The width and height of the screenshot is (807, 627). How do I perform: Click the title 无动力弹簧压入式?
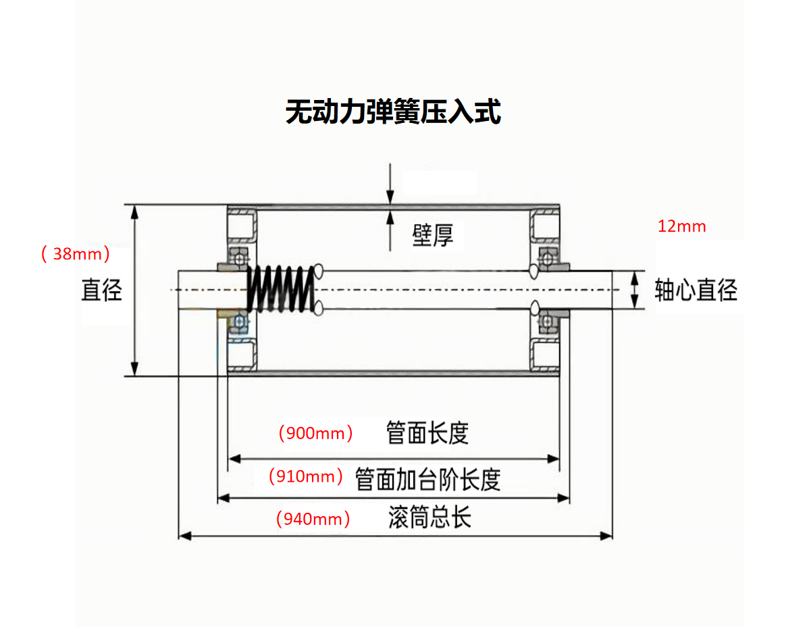pos(393,112)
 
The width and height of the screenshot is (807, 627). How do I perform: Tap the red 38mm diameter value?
pos(75,255)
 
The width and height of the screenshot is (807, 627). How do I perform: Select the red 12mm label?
pos(681,226)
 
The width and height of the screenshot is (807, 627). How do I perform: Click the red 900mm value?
pos(315,433)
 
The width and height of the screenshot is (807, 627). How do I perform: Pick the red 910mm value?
pos(306,476)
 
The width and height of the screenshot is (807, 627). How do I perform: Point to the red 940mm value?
pos(313,519)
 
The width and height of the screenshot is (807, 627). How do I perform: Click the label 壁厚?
pos(433,235)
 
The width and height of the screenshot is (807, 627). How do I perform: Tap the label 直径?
pos(101,290)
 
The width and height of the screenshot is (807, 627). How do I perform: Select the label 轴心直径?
pos(696,291)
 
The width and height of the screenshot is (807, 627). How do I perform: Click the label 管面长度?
pos(427,433)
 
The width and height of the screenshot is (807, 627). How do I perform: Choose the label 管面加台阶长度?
pos(428,479)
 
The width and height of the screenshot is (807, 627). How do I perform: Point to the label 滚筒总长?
pos(429,518)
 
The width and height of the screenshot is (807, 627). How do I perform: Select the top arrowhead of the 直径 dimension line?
pos(135,211)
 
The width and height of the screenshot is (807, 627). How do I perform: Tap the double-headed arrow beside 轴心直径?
pos(634,290)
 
